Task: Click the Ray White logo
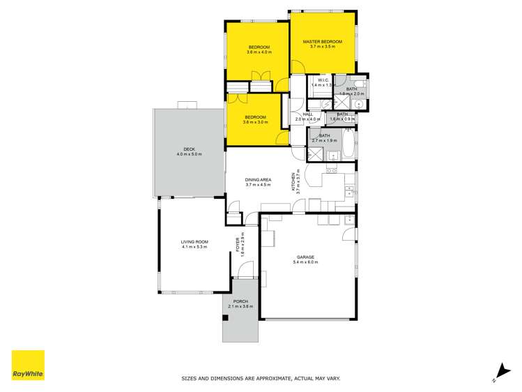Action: pyautogui.click(x=28, y=366)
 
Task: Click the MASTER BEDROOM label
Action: pyautogui.click(x=323, y=43)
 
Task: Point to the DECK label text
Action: pyautogui.click(x=188, y=149)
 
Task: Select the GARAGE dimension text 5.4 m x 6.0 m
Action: pyautogui.click(x=304, y=262)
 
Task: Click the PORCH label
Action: pyautogui.click(x=240, y=301)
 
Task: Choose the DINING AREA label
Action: pyautogui.click(x=257, y=180)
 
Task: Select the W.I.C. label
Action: pyautogui.click(x=323, y=80)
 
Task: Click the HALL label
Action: pyautogui.click(x=307, y=114)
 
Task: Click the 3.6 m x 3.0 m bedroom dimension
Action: pyautogui.click(x=255, y=123)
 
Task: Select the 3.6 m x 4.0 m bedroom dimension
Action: pyautogui.click(x=258, y=52)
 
